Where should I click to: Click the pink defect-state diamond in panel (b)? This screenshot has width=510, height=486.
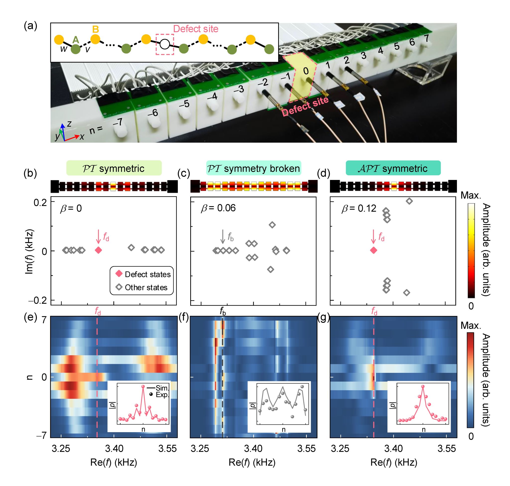pos(98,250)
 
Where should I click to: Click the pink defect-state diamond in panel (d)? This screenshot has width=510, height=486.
pos(373,250)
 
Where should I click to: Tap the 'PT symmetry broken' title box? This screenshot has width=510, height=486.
pos(254,168)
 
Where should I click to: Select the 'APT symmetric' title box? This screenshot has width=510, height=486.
pos(393,168)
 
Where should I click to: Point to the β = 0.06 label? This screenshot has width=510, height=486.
pos(218,208)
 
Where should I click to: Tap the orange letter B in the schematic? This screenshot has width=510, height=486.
pos(96,29)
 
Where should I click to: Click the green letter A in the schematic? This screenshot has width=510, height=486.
pos(75,40)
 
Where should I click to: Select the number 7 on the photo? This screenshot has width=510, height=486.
pos(426,38)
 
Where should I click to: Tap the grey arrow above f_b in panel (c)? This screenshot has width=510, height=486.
pos(222,236)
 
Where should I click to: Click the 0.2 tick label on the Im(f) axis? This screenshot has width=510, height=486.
pos(40,203)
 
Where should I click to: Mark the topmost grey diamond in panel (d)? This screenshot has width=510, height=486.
pos(409,201)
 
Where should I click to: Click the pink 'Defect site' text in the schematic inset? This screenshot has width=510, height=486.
pos(196,29)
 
